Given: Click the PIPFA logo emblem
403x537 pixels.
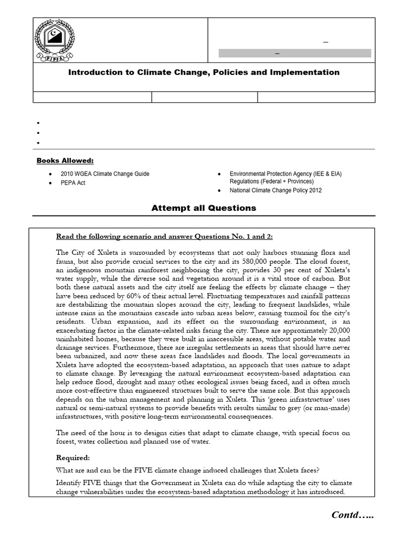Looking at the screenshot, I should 55,40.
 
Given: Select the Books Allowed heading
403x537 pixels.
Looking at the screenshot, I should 65,160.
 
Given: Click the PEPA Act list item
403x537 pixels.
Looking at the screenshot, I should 73,183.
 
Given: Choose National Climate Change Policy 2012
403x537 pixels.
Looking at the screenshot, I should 275,190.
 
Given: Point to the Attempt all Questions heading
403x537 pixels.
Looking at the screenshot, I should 204,208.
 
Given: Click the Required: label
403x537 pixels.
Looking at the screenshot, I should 73,457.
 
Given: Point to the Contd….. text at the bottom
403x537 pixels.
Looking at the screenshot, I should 353,515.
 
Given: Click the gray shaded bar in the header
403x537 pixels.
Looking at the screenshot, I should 294,53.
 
